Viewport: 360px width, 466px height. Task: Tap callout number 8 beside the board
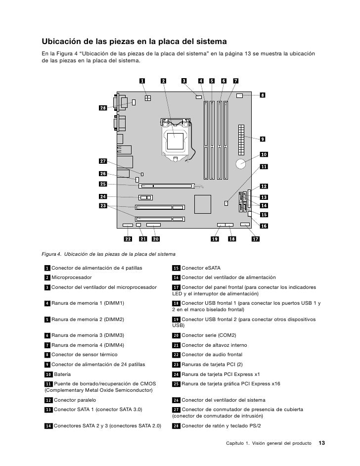click(263, 95)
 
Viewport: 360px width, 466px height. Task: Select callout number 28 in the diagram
click(103, 108)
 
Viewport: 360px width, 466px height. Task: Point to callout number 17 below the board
click(256, 239)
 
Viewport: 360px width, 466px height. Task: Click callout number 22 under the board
click(128, 239)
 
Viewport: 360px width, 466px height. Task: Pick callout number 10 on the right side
click(263, 154)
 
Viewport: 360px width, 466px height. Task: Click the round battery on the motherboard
click(242, 164)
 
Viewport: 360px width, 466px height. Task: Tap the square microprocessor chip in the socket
click(176, 141)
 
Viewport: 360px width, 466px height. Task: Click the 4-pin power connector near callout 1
click(147, 98)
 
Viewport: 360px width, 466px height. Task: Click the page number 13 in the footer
click(321, 442)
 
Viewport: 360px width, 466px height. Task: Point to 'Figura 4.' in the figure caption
click(51, 255)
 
